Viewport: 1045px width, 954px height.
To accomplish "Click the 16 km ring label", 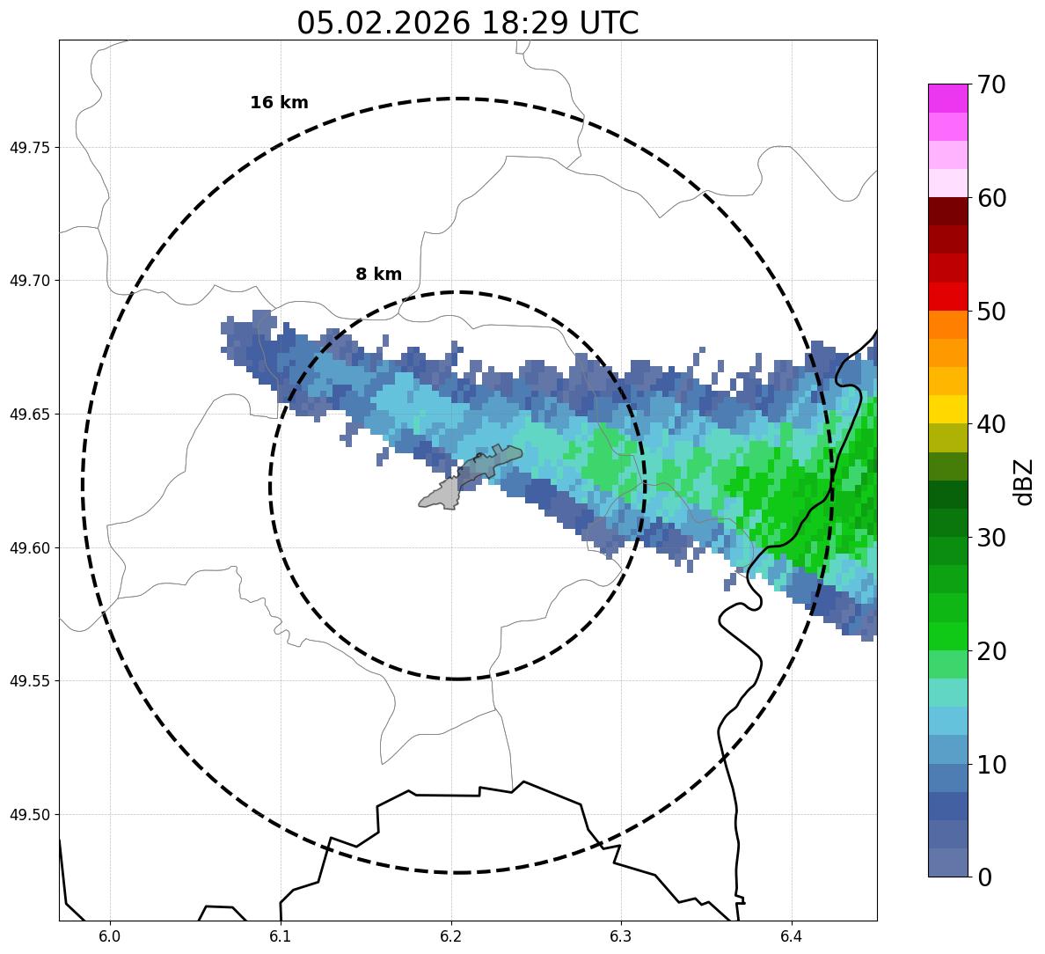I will (279, 103).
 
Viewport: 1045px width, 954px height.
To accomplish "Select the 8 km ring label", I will (378, 275).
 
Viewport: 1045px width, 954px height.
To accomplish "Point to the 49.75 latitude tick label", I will (29, 147).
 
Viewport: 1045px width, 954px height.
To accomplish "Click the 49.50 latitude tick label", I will (29, 815).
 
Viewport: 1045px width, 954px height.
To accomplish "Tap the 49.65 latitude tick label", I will (29, 415).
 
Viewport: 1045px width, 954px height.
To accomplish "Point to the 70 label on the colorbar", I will (993, 85).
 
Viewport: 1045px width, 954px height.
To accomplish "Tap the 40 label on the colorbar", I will (993, 425).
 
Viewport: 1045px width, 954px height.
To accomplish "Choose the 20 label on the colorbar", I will (993, 651).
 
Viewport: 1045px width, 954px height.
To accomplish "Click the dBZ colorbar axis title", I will (1024, 481).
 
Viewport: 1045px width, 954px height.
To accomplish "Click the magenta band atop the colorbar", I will (947, 98).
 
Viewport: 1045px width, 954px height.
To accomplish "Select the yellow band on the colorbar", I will (947, 409).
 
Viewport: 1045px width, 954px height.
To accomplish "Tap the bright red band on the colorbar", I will (947, 296).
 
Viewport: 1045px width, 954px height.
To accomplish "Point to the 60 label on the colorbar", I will (993, 199).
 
